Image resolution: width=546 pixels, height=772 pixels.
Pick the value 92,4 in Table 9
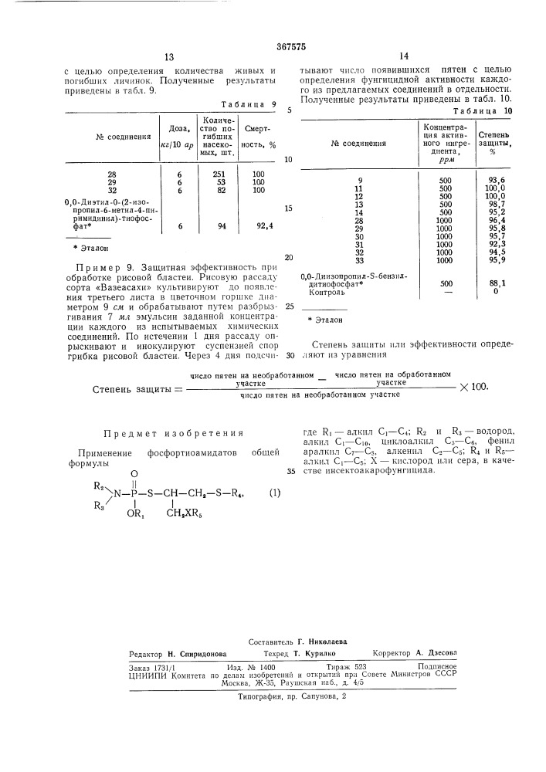click(265, 225)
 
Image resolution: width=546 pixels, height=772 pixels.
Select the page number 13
click(170, 57)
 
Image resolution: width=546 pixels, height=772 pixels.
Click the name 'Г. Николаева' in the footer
click(324, 642)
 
